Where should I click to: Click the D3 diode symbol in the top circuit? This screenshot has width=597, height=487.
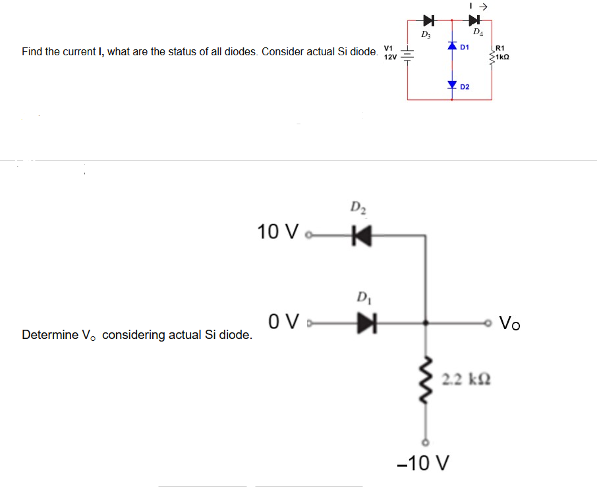click(428, 18)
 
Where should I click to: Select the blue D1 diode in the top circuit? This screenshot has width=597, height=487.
click(452, 47)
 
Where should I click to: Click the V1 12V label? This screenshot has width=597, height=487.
click(389, 53)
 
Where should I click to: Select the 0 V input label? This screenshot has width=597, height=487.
click(284, 323)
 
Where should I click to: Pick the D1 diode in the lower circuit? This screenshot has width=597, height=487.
click(364, 324)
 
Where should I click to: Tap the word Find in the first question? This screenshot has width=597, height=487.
click(32, 51)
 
